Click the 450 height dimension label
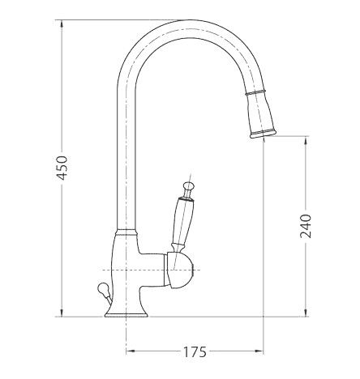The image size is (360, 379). tap(62, 168)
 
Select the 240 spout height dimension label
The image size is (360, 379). tap(306, 226)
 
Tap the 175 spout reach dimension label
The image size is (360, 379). tap(195, 351)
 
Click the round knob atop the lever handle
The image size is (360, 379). tap(188, 185)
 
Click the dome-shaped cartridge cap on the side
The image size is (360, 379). tap(180, 270)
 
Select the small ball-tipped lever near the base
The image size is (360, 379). tap(105, 294)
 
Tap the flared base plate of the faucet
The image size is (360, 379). tap(126, 313)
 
